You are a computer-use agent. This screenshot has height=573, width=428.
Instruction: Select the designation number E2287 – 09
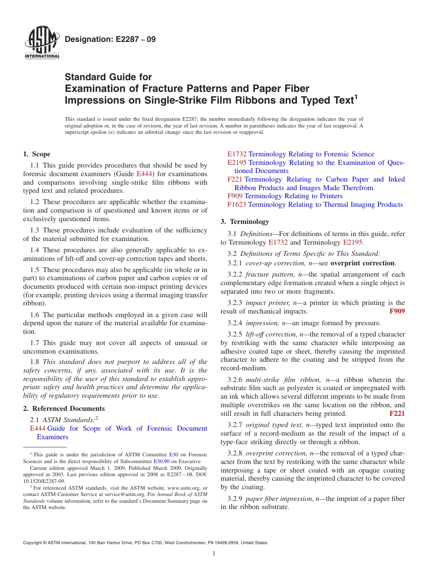[x=110, y=39]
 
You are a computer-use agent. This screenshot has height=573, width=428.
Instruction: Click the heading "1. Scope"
[x=37, y=154]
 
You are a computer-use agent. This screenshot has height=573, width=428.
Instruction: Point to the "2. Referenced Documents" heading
[x=64, y=409]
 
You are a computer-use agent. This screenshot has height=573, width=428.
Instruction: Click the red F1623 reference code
[x=237, y=205]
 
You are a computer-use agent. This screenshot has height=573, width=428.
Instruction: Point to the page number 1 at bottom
[x=214, y=554]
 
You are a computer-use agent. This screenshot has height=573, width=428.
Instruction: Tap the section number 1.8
[x=35, y=362]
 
